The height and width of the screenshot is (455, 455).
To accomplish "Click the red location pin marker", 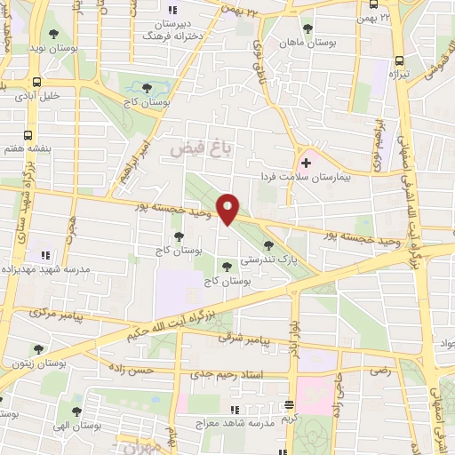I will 228,208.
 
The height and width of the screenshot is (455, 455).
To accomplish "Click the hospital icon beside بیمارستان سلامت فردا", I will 307,163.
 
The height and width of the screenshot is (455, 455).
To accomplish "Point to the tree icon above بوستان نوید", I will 54,34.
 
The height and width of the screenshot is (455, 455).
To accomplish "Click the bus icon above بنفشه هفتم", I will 29,134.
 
